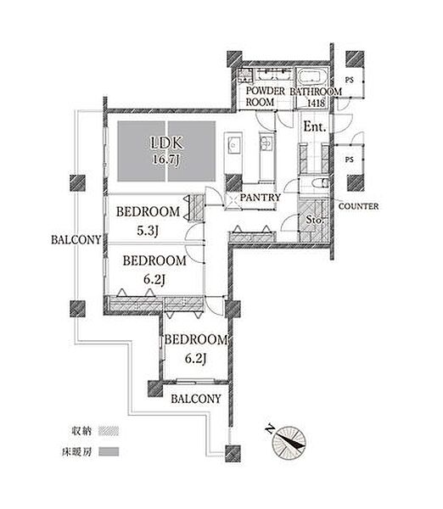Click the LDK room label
tap(167, 143)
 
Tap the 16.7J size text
tap(166, 159)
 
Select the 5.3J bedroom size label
tap(148, 231)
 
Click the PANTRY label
tap(261, 198)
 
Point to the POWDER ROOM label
tap(266, 97)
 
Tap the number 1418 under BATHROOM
tap(316, 103)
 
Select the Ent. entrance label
tap(315, 126)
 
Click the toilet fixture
tap(321, 182)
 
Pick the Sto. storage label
tap(315, 220)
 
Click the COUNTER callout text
tap(358, 206)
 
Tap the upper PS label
tap(349, 80)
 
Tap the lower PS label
tap(349, 159)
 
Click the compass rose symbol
tap(289, 443)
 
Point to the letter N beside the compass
tap(269, 429)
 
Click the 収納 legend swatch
tap(109, 431)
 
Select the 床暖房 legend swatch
tap(109, 451)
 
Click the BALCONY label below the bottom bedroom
tap(196, 399)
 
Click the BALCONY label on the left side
tap(76, 240)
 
